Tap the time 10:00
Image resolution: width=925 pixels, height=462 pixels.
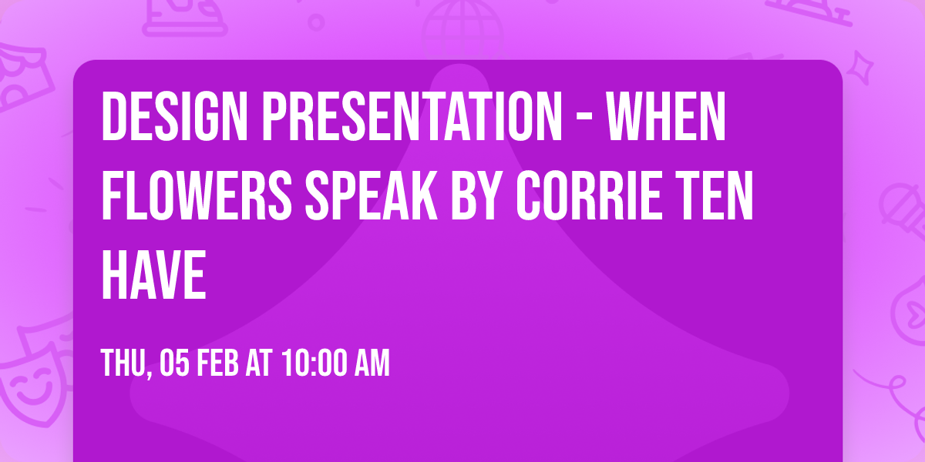[314, 363]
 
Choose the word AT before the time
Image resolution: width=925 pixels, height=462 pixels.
[261, 363]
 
